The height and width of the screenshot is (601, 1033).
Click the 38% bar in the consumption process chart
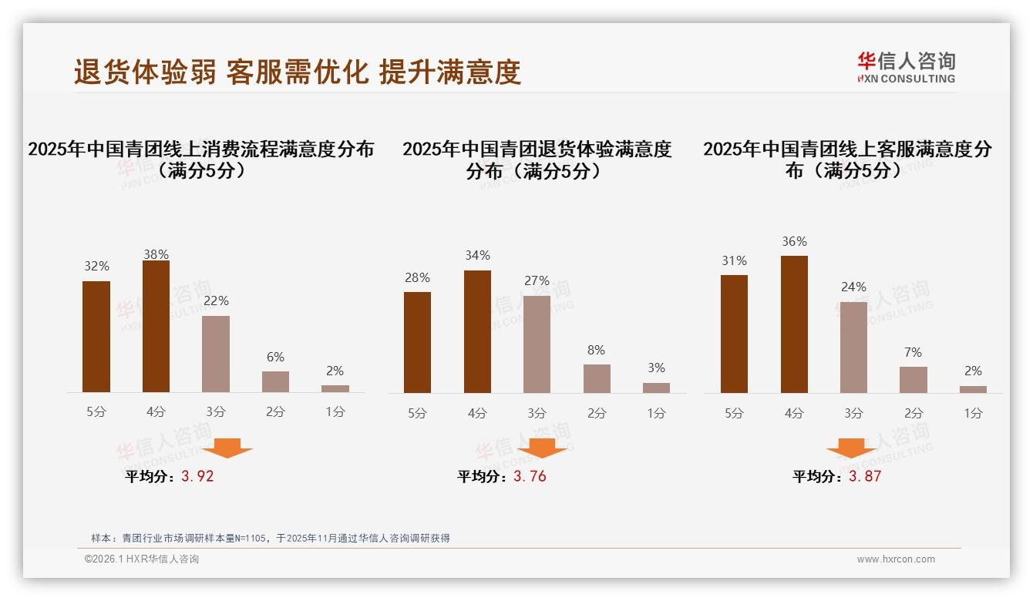156,327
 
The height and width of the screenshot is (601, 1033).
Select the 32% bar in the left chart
96,337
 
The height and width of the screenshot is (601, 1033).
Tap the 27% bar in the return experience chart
537,344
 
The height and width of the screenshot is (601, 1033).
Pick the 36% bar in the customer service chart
794,324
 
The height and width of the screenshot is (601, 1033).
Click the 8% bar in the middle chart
597,378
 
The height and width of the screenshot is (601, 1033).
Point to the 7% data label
913,352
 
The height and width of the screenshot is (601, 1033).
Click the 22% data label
216,300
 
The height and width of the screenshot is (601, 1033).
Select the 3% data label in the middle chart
656,368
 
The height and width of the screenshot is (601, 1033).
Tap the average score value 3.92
197,476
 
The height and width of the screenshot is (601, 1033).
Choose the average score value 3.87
865,476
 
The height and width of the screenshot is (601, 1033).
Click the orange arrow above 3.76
542,448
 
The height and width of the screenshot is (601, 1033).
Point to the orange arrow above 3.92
227,448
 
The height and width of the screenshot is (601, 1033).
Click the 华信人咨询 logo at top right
906,67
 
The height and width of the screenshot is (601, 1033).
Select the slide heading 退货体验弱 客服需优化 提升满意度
298,72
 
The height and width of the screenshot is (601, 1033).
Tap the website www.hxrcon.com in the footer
896,559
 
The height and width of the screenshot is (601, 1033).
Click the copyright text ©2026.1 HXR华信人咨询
142,559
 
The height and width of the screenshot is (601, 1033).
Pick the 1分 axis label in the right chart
973,413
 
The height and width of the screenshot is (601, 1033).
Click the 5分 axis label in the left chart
96,411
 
